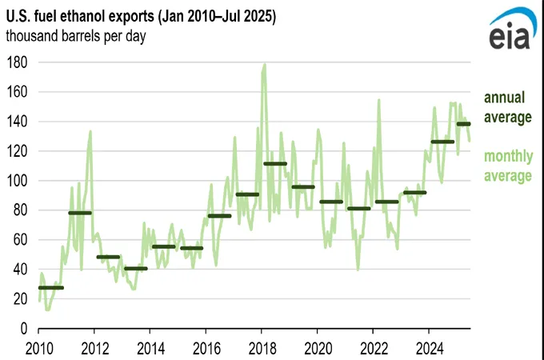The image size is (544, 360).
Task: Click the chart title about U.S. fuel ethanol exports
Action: click(141, 18)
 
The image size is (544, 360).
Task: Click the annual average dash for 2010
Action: click(50, 287)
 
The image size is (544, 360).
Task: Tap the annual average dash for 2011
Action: click(79, 213)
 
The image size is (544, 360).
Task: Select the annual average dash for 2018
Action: click(274, 164)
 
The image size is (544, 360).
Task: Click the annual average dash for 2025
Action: click(463, 124)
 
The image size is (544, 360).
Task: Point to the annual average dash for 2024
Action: click(442, 142)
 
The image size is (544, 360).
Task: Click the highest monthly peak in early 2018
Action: click(264, 65)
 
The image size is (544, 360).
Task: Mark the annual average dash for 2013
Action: click(135, 268)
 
